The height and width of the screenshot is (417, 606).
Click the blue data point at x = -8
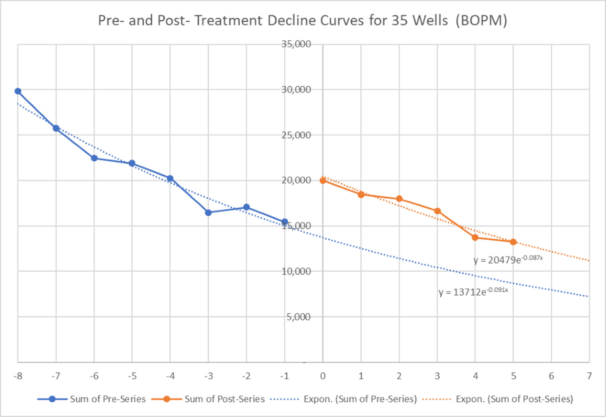point(18,91)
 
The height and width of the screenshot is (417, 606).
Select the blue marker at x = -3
point(208,213)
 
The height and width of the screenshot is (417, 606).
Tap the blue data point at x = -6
point(94,158)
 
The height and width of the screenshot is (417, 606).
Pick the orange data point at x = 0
point(323,180)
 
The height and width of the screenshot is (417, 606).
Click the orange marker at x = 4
point(475,237)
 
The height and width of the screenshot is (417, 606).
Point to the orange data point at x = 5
point(513,242)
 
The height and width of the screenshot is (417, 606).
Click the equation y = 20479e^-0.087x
point(508,260)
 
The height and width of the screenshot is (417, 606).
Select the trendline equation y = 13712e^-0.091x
point(473,292)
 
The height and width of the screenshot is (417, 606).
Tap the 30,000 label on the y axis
point(296,89)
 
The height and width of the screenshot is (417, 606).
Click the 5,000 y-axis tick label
point(298,317)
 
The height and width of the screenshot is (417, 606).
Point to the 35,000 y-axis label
point(296,44)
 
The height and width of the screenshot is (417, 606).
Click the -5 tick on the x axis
point(132,376)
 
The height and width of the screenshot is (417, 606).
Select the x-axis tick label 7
point(589,376)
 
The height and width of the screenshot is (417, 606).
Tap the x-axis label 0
point(323,376)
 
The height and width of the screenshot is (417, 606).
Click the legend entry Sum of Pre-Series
point(108,399)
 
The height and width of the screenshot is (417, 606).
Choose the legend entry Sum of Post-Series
point(224,399)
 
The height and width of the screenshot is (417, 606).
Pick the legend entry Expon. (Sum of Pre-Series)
point(360,399)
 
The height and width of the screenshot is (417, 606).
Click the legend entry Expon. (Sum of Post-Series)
point(514,399)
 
